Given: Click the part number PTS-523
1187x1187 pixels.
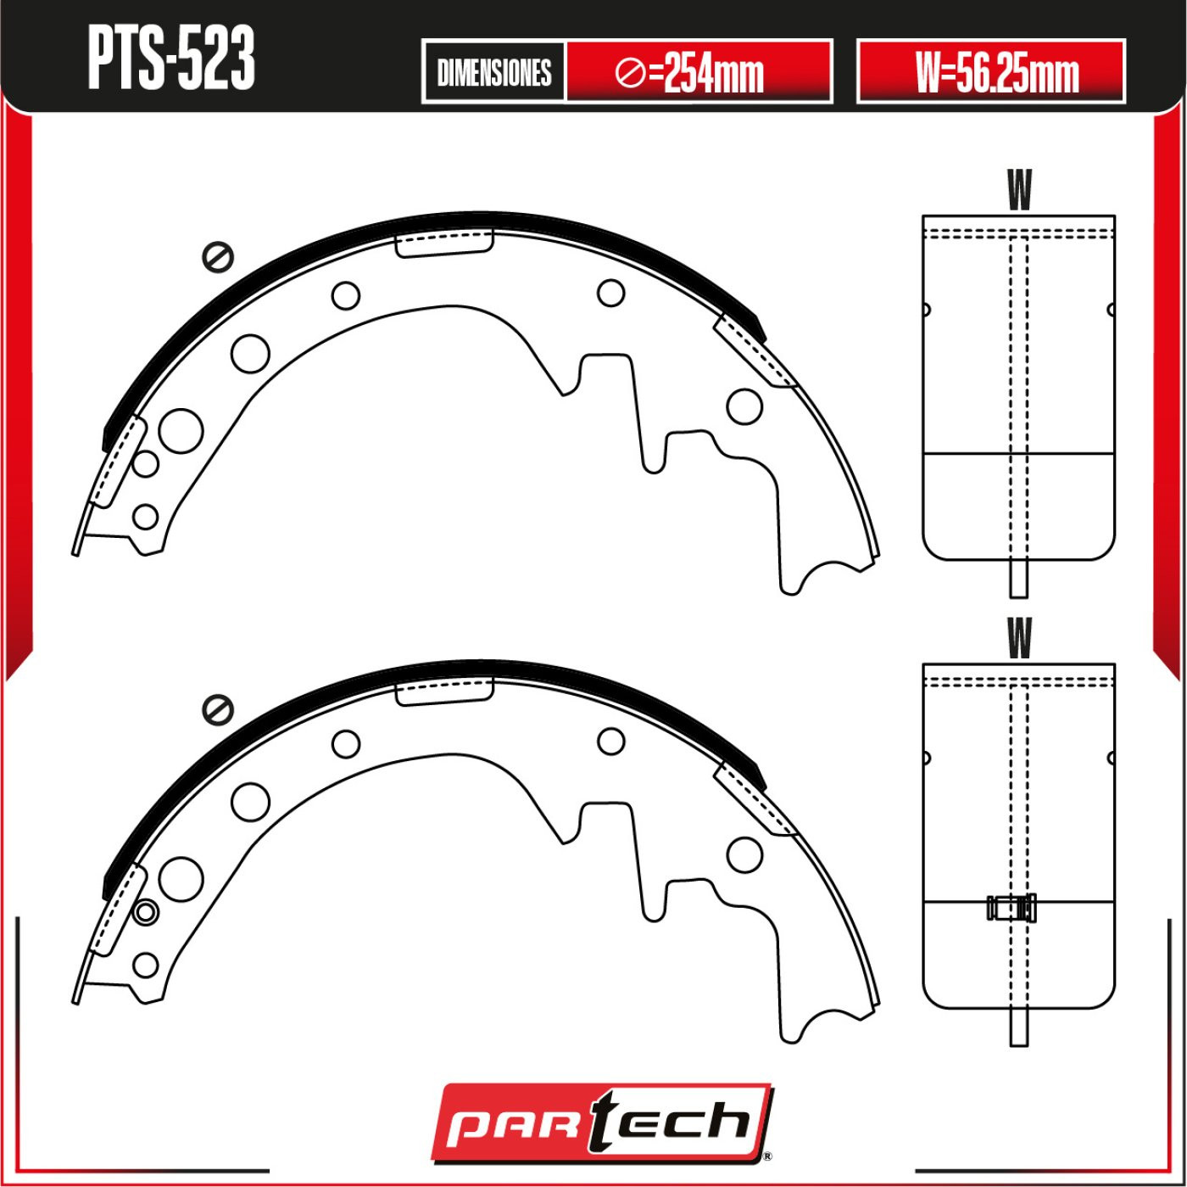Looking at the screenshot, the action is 171,59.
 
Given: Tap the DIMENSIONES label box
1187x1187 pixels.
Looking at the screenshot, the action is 494,72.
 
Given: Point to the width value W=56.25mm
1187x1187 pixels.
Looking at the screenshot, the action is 997,74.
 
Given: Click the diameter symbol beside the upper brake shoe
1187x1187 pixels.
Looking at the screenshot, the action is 218,256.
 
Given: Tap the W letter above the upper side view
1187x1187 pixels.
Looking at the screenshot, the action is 1019,190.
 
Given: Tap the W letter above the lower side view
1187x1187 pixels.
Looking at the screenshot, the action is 1019,638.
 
